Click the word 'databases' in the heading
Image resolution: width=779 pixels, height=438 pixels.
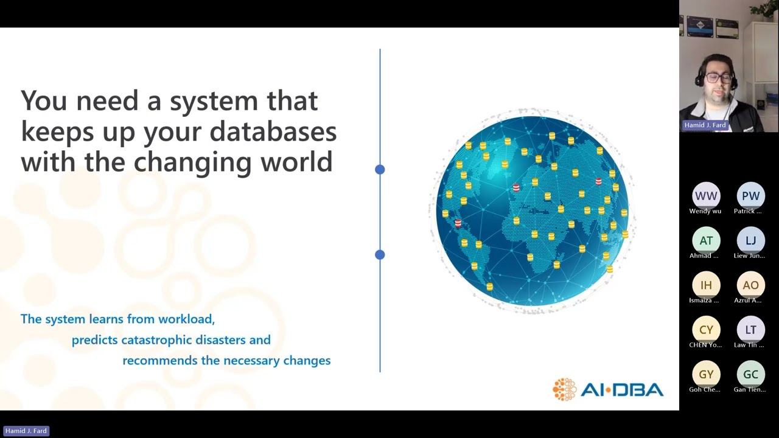coord(273,131)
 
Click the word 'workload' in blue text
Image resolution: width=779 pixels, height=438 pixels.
coord(186,319)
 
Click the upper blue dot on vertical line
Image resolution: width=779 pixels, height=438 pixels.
coord(380,170)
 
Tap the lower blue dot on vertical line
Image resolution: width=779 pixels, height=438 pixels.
coord(380,255)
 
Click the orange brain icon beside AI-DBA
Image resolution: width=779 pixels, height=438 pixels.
coord(564,389)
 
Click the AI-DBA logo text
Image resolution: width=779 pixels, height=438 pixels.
coord(621,390)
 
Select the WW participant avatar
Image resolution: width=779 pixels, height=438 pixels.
coord(706,196)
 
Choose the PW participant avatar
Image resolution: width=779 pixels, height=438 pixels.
coord(750,196)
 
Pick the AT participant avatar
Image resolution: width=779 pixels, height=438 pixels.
coord(706,240)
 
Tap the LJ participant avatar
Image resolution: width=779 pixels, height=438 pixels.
coord(750,240)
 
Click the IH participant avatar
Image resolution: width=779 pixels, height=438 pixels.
coord(706,285)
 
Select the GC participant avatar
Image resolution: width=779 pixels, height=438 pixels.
coord(750,374)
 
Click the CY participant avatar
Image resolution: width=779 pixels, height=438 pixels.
coord(706,330)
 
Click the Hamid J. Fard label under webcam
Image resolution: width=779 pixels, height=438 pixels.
coord(705,125)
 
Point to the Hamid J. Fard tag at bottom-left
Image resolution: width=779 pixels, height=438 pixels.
coord(26,431)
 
